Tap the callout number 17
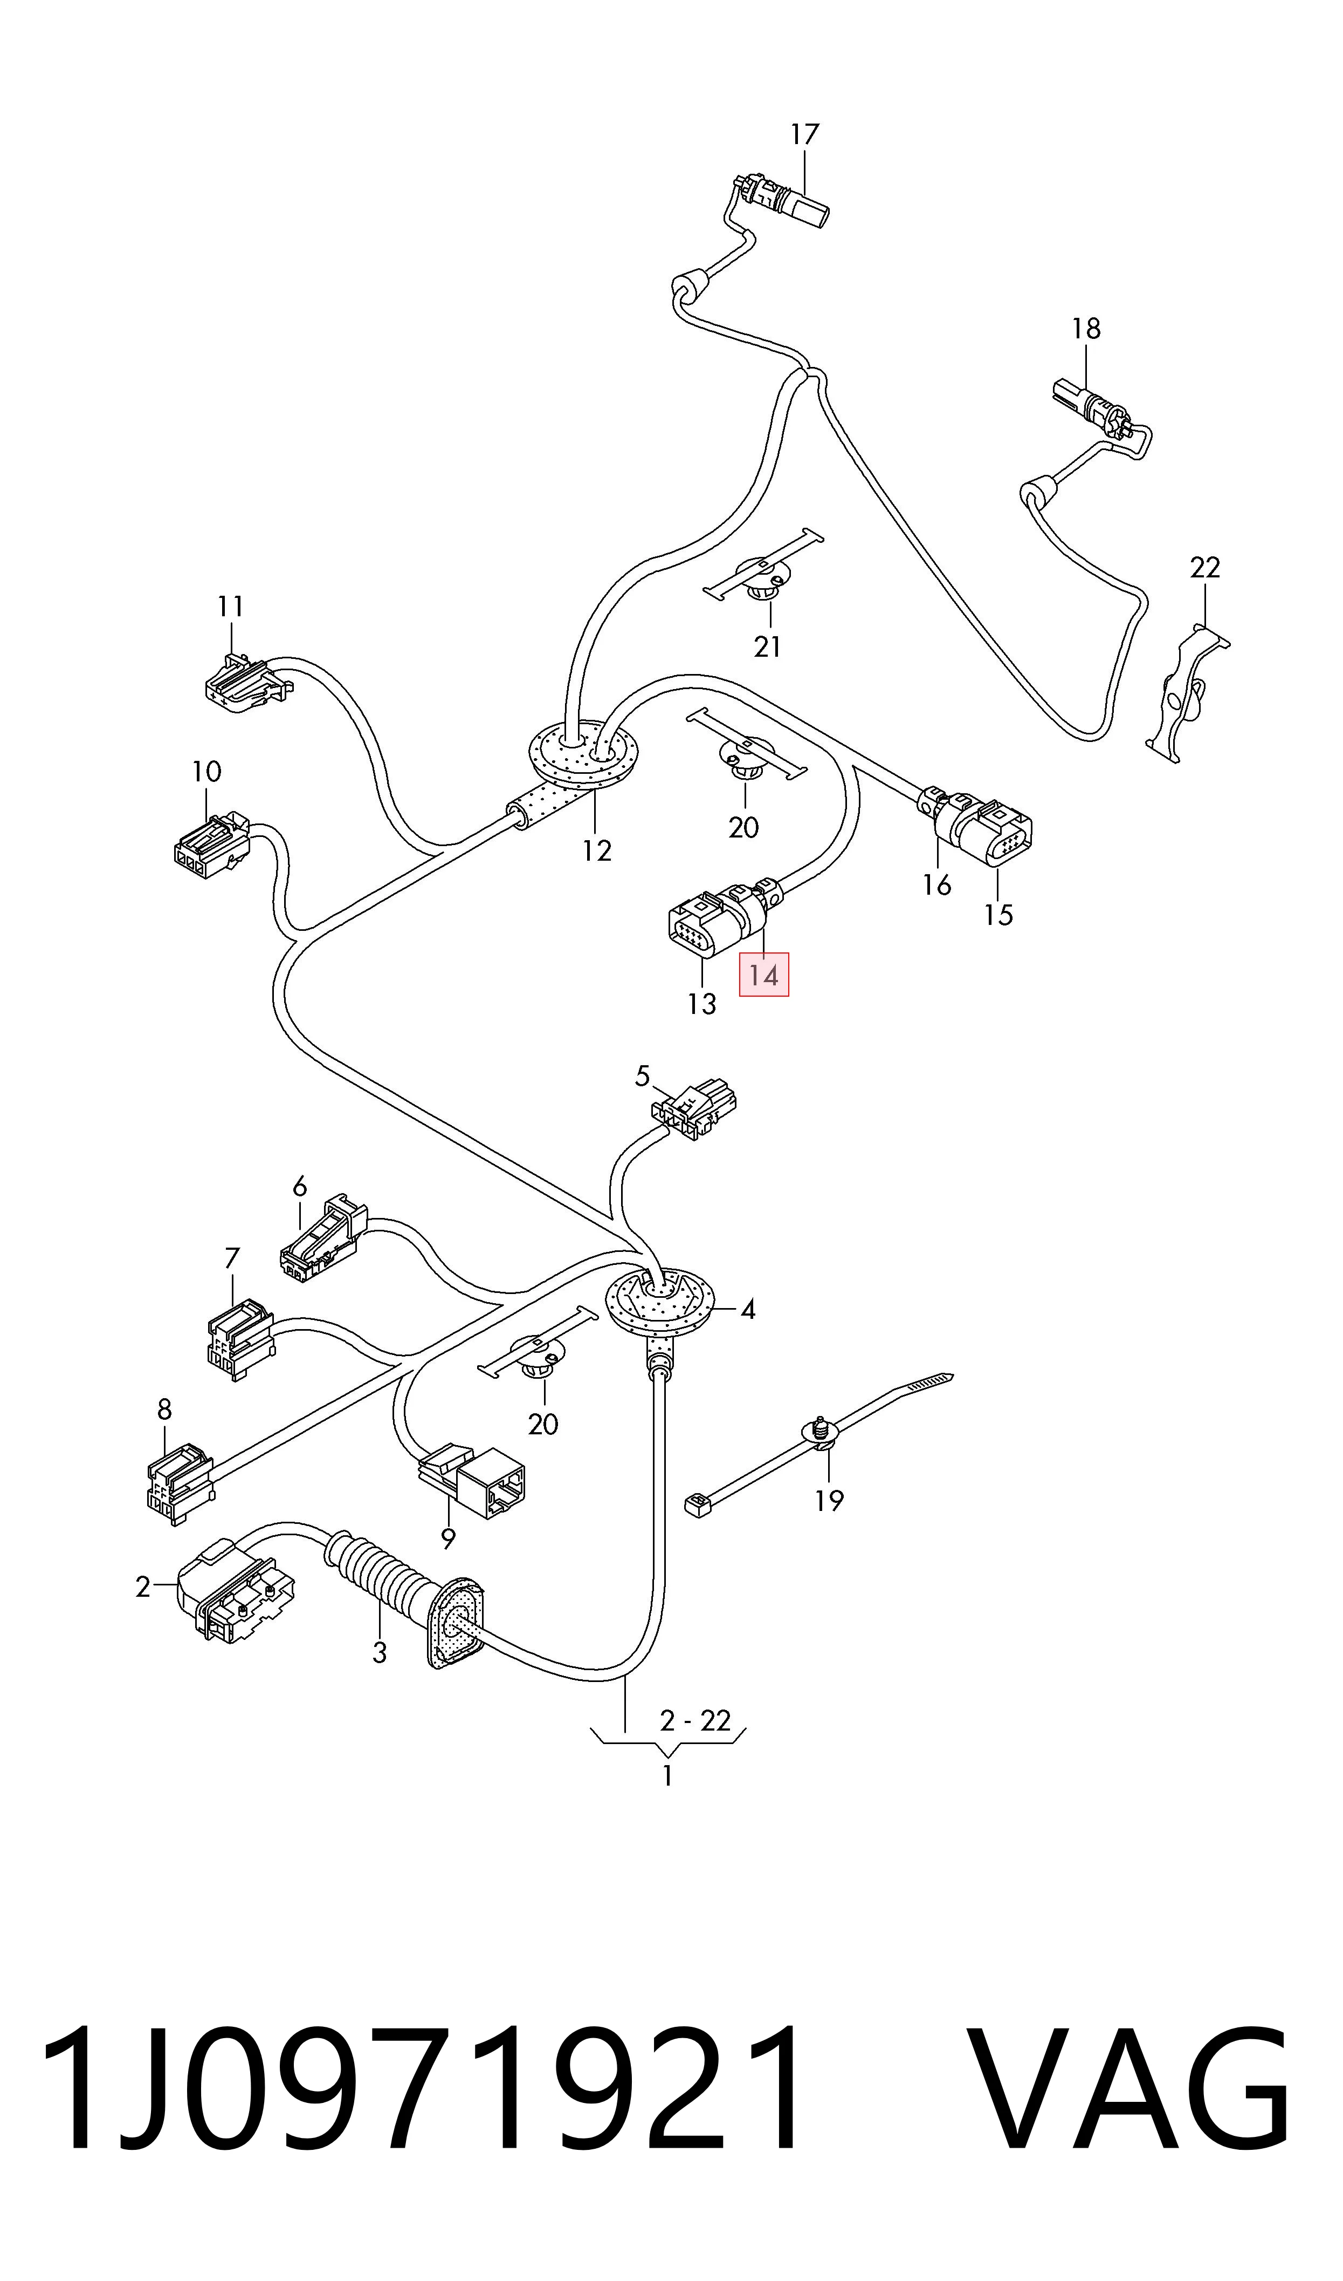coord(804,134)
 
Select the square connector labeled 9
coord(472,1481)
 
